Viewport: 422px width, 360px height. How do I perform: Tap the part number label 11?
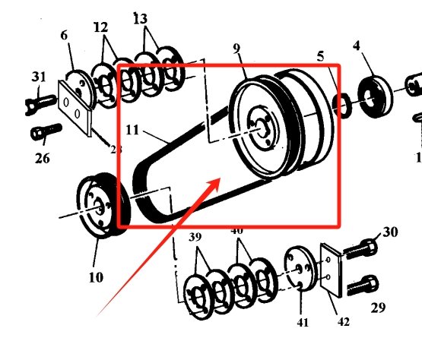pyautogui.click(x=133, y=131)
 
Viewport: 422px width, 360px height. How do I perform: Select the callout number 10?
pyautogui.click(x=95, y=277)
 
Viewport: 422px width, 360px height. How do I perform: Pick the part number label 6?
pyautogui.click(x=64, y=36)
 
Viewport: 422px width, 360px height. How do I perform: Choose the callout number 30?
pyautogui.click(x=389, y=232)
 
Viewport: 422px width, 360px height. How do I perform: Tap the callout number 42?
pyautogui.click(x=343, y=322)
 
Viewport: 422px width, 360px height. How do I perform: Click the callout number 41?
pyautogui.click(x=303, y=323)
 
